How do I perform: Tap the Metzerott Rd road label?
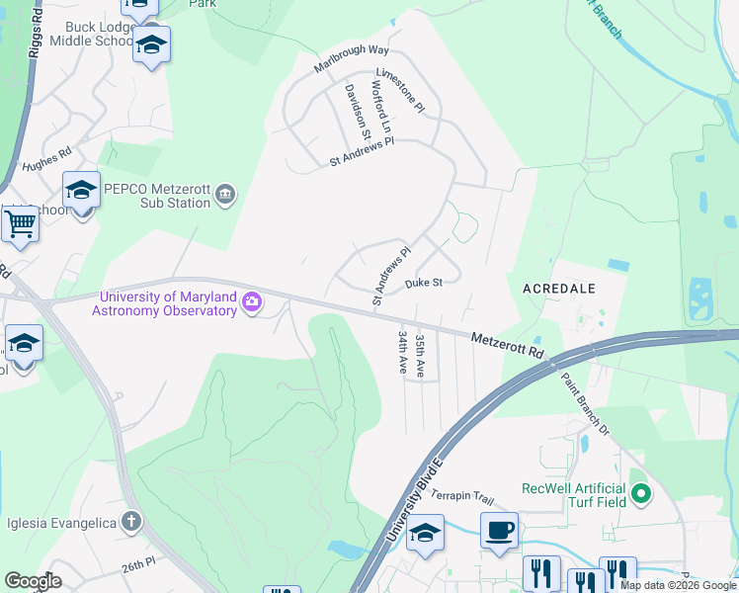pyautogui.click(x=507, y=345)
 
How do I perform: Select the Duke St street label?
pyautogui.click(x=422, y=283)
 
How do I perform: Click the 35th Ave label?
pyautogui.click(x=420, y=356)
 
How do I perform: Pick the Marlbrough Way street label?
pyautogui.click(x=352, y=57)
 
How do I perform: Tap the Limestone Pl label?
pyautogui.click(x=399, y=89)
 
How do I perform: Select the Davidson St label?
pyautogui.click(x=357, y=111)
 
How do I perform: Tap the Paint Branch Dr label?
pyautogui.click(x=586, y=404)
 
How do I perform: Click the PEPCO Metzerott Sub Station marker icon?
pyautogui.click(x=226, y=193)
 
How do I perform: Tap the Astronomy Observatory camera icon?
pyautogui.click(x=252, y=302)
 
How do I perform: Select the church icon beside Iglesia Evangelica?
pyautogui.click(x=131, y=523)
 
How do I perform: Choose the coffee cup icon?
pyautogui.click(x=499, y=530)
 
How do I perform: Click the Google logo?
pyautogui.click(x=33, y=581)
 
